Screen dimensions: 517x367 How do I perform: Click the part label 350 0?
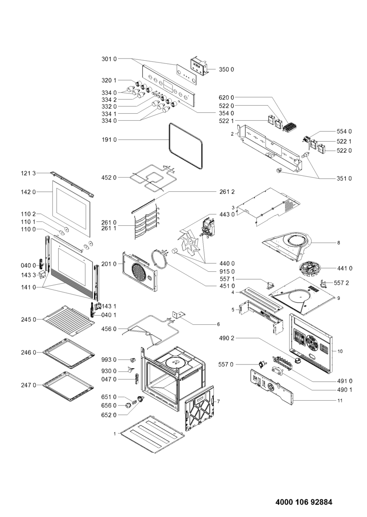coord(226,69)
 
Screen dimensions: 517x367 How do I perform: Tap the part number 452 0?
coord(109,178)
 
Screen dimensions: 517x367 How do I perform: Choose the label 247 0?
coord(29,385)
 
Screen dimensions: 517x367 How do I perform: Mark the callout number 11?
coord(340,401)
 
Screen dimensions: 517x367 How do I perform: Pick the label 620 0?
coord(226,98)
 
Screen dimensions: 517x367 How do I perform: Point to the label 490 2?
coord(226,339)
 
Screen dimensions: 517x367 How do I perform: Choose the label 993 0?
coord(109,359)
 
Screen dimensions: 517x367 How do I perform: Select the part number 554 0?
coord(344,131)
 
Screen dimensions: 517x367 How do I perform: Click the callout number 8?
coord(339,243)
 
